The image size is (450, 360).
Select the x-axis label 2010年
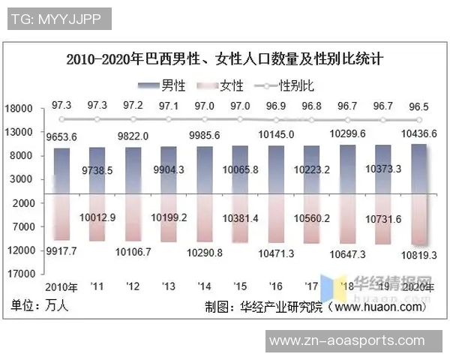pyautogui.click(x=61, y=287)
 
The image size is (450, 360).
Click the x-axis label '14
pyautogui.click(x=204, y=287)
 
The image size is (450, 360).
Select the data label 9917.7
pyautogui.click(x=61, y=250)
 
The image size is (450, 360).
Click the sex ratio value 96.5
pyautogui.click(x=418, y=106)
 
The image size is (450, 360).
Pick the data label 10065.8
pyautogui.click(x=240, y=170)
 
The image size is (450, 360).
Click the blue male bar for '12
pyautogui.click(x=133, y=169)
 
